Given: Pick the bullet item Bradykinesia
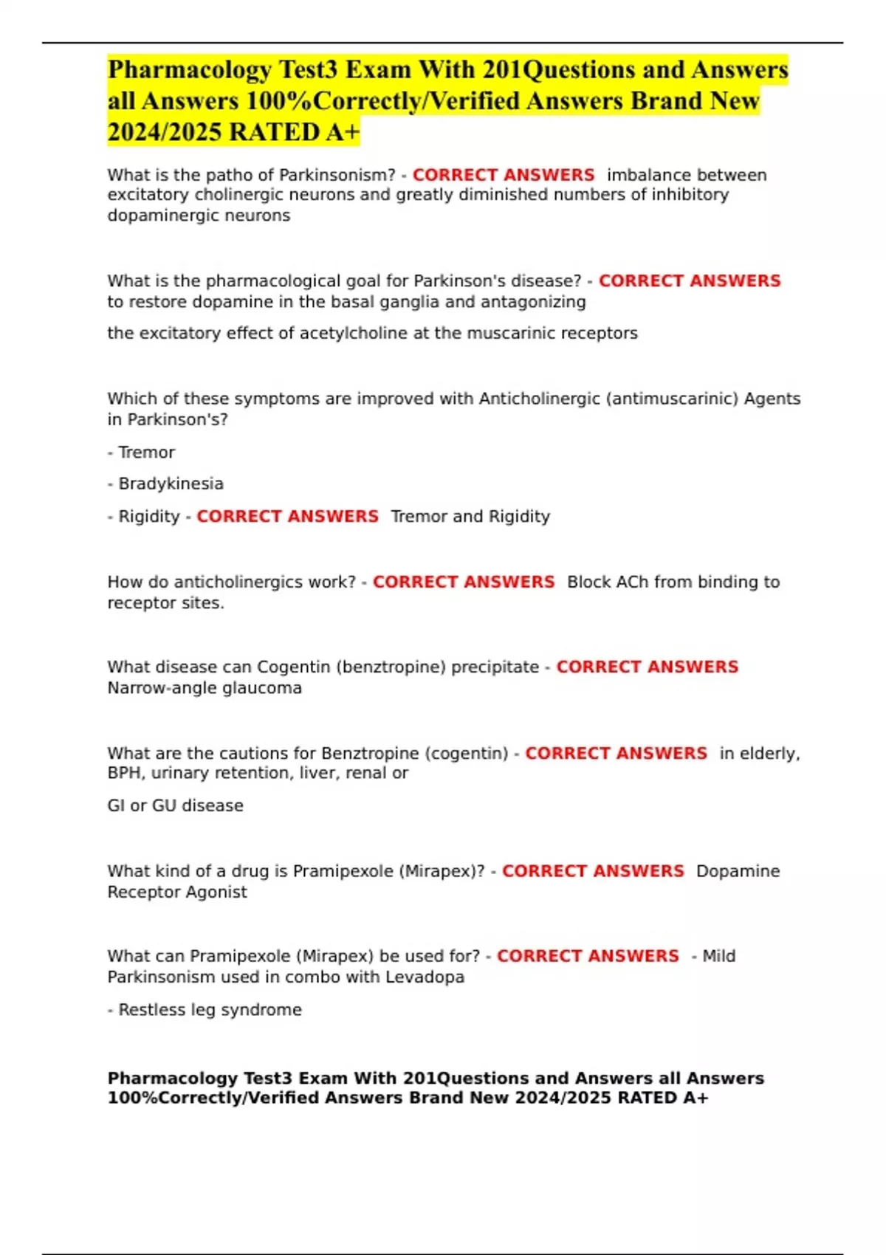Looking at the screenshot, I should click(171, 484).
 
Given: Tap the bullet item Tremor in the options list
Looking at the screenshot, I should click(146, 452).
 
